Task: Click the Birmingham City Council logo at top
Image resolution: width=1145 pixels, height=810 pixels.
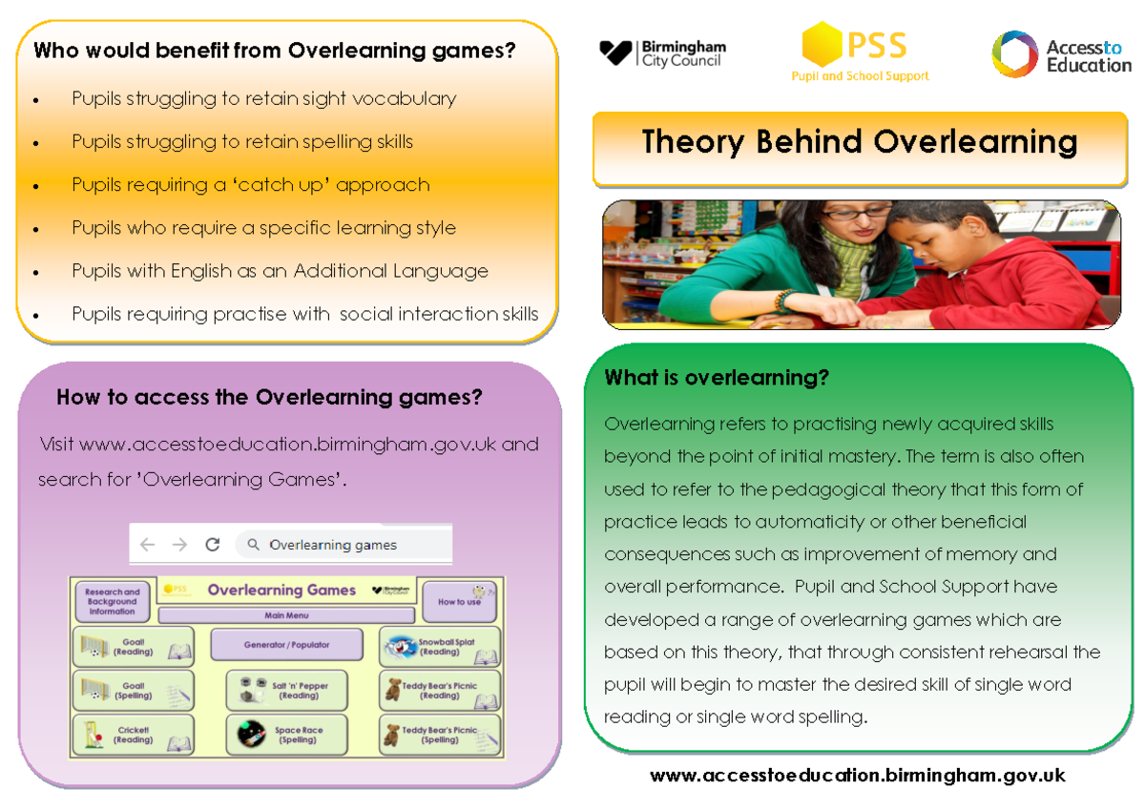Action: (661, 52)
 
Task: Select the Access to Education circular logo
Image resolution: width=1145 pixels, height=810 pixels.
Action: (1013, 54)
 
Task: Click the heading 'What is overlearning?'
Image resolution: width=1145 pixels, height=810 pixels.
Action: (717, 378)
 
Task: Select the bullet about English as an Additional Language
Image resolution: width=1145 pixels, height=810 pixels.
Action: (280, 271)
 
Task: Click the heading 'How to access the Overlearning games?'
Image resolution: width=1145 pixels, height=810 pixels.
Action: (269, 397)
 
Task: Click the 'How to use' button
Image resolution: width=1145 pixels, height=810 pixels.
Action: (460, 601)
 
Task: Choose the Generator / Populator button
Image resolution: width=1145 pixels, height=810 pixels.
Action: (286, 645)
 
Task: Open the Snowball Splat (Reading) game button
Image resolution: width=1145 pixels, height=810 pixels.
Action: (440, 647)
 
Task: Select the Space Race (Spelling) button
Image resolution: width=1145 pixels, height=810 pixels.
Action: (287, 735)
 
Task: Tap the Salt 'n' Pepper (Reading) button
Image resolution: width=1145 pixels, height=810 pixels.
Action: (287, 691)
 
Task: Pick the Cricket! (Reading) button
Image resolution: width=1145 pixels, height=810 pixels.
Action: (133, 735)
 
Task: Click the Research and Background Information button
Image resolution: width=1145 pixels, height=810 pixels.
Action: (112, 601)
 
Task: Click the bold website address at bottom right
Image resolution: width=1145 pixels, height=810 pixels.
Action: (857, 776)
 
